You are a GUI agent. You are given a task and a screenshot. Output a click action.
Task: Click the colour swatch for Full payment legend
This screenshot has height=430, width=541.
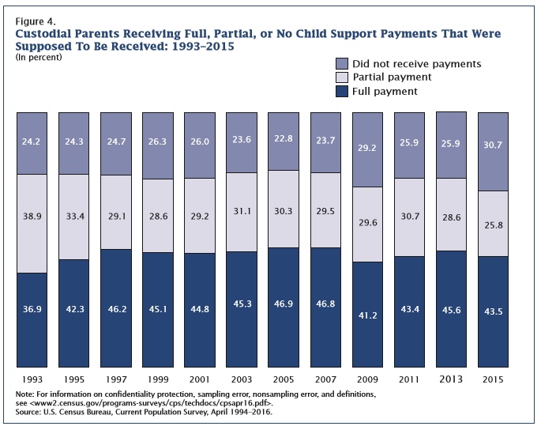click(x=342, y=92)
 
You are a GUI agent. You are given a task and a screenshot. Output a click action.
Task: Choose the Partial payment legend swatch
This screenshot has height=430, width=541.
click(x=342, y=77)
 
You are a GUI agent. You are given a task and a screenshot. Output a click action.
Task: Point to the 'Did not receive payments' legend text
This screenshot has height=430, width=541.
click(x=418, y=63)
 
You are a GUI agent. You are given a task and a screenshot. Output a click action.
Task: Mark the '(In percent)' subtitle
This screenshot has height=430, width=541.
click(x=40, y=58)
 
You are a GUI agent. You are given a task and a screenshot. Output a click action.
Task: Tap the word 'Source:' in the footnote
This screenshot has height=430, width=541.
click(x=30, y=412)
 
